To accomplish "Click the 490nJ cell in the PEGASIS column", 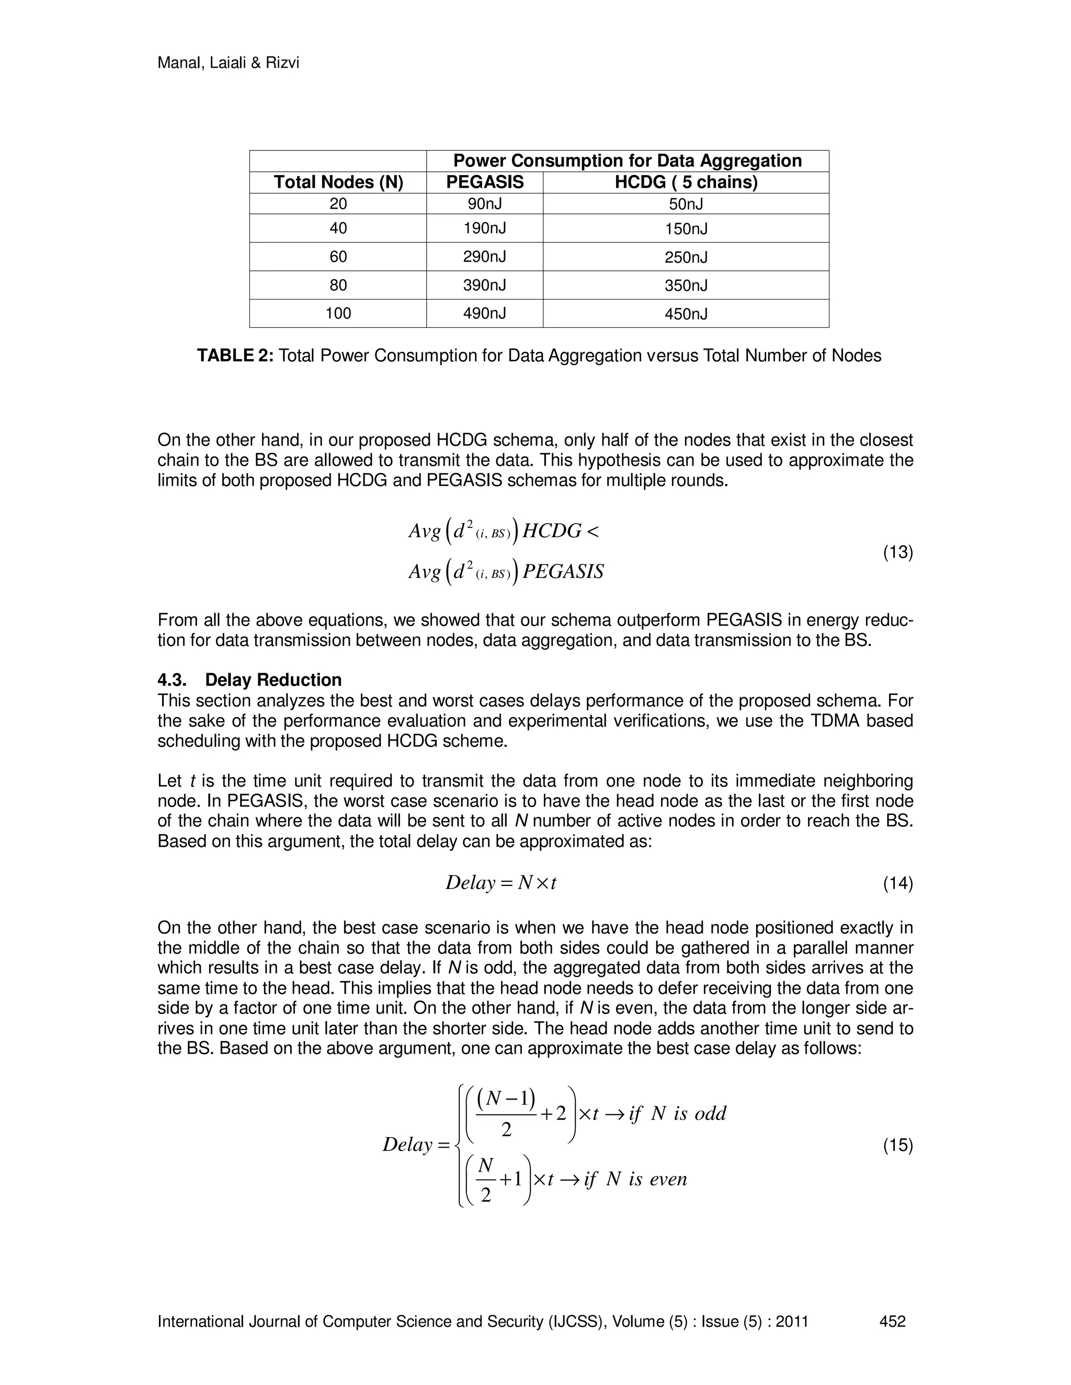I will point(484,313).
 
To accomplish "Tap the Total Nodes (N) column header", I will point(338,182).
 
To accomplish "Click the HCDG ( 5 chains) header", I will point(686,182).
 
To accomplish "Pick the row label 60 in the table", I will point(338,257).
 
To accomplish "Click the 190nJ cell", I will point(484,228).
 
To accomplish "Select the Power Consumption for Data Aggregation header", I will point(627,161).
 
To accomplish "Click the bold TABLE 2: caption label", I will point(235,356).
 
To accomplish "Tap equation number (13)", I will point(898,552).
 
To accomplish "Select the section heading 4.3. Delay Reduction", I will point(249,680).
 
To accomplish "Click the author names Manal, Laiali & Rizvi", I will point(228,63).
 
